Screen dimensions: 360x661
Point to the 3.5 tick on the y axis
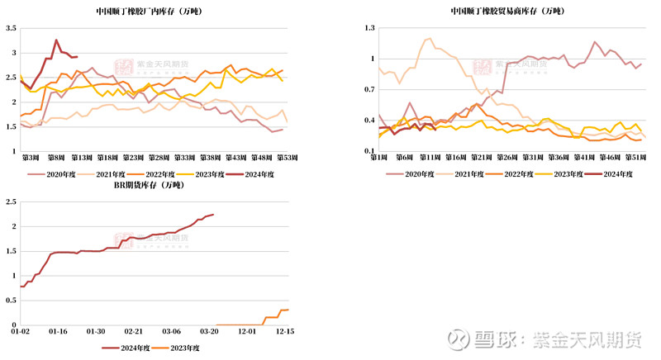tap(11, 28)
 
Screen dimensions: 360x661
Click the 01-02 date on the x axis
tap(21, 331)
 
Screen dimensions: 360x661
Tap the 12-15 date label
tap(286, 331)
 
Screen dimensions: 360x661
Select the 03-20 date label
tap(210, 331)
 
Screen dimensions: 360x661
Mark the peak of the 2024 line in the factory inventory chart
tap(57, 40)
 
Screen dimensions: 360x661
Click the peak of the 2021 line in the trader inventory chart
tap(429, 38)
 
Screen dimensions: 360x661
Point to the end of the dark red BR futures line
tap(213, 215)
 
